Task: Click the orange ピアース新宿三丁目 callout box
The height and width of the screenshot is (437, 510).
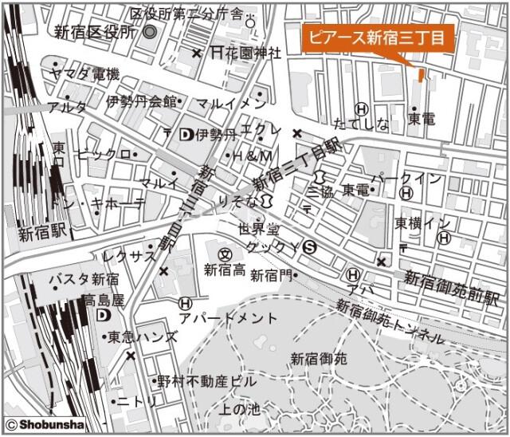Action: point(377,37)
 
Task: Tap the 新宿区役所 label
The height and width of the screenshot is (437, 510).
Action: point(96,32)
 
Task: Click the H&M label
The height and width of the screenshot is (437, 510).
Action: point(252,155)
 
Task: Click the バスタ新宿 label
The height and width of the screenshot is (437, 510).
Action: point(84,279)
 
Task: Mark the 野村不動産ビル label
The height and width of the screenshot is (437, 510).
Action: point(206,381)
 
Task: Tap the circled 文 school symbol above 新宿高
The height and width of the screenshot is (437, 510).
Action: point(225,254)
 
